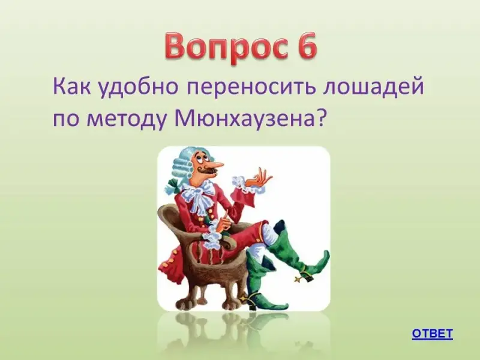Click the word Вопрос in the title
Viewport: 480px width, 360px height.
225,48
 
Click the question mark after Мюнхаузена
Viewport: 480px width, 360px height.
319,117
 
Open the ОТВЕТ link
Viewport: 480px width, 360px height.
432,334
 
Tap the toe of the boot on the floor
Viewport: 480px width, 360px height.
280,305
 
